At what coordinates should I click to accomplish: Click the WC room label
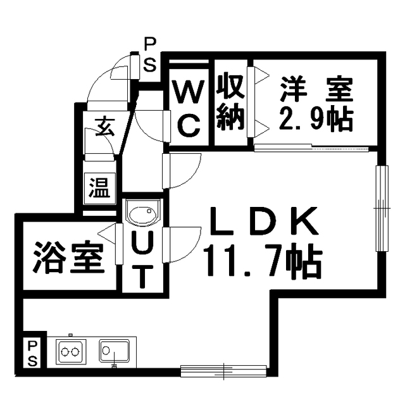(189, 108)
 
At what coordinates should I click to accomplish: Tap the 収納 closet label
(230, 103)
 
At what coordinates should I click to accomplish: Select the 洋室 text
(317, 89)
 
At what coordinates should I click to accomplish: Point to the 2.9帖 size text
(315, 119)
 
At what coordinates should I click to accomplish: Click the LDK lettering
(263, 221)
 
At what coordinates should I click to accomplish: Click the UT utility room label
(142, 259)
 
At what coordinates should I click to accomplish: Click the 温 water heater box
(100, 188)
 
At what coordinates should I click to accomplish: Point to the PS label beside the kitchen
(32, 354)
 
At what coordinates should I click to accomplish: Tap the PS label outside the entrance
(150, 54)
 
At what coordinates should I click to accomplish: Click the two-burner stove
(70, 352)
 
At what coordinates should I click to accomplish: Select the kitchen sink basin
(114, 351)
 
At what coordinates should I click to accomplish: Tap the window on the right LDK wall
(382, 208)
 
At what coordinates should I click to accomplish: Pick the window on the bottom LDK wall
(223, 371)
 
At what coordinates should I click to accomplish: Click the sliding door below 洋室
(311, 148)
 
